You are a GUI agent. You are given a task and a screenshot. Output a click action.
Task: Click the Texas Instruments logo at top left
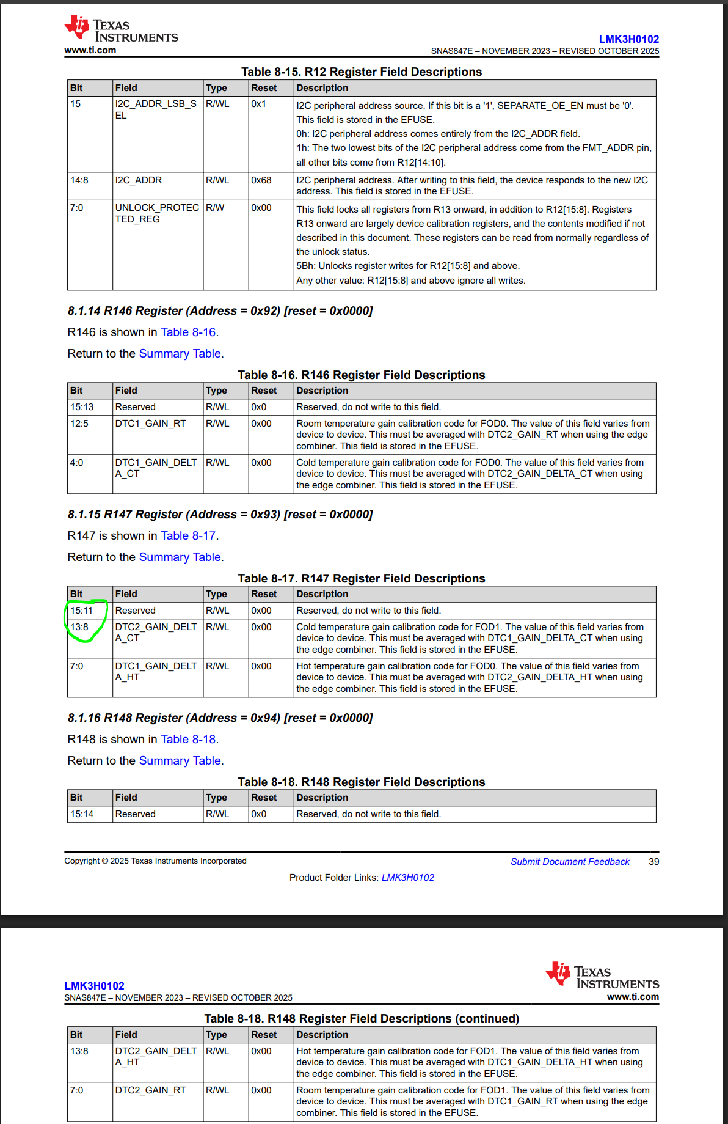click(x=121, y=30)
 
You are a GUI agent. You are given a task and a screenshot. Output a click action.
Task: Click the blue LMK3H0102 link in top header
click(x=628, y=39)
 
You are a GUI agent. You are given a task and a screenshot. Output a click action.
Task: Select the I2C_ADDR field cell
click(x=139, y=180)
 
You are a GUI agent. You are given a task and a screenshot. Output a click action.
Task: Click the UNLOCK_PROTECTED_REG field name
click(x=157, y=213)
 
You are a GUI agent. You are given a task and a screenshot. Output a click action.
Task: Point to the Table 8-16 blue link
click(x=188, y=332)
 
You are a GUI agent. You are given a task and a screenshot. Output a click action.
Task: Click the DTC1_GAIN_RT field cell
click(x=150, y=424)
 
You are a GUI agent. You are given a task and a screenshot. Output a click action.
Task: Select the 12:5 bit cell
click(x=79, y=424)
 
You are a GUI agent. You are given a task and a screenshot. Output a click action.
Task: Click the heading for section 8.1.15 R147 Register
click(x=220, y=515)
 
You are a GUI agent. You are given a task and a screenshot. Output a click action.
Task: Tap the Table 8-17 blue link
click(x=188, y=536)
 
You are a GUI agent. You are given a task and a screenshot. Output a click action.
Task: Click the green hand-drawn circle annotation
click(x=86, y=620)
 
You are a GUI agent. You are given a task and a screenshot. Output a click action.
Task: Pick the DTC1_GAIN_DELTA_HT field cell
click(x=156, y=672)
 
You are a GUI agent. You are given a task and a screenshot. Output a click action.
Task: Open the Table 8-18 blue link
click(x=188, y=740)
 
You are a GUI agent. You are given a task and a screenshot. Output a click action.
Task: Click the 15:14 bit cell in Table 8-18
click(x=82, y=814)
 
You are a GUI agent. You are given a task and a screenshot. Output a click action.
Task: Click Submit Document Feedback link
click(x=570, y=862)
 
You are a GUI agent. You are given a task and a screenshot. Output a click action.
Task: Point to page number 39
click(x=653, y=862)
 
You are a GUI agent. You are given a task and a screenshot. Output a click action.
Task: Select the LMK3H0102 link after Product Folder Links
click(x=407, y=878)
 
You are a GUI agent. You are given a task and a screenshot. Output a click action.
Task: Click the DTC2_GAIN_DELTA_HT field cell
click(x=156, y=1057)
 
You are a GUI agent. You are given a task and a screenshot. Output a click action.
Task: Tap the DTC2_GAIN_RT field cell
click(x=150, y=1090)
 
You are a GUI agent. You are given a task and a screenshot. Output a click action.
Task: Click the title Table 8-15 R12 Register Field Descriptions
click(x=362, y=72)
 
